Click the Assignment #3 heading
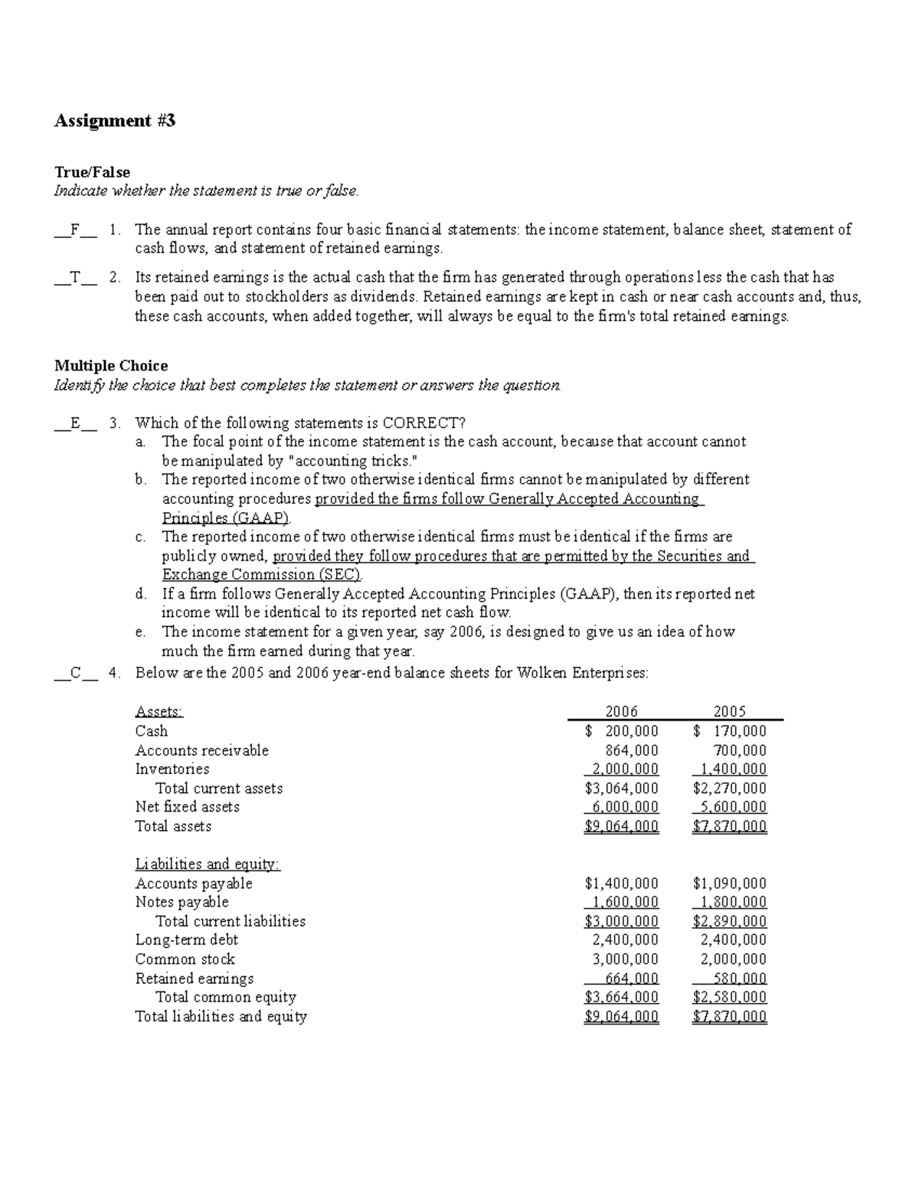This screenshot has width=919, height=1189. click(115, 121)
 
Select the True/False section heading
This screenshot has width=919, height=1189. click(92, 172)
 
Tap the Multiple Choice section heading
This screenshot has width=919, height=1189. click(111, 366)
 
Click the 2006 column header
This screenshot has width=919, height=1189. click(621, 711)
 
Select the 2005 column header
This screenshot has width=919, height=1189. click(729, 711)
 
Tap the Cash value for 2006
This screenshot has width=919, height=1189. click(621, 731)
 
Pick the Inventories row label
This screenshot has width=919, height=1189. click(172, 769)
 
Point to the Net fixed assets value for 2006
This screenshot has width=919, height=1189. click(621, 807)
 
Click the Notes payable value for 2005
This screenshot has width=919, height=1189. click(729, 902)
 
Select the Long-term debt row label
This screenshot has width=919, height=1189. click(187, 940)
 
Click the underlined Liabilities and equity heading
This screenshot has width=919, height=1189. click(208, 864)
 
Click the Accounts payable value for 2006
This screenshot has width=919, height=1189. click(621, 884)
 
